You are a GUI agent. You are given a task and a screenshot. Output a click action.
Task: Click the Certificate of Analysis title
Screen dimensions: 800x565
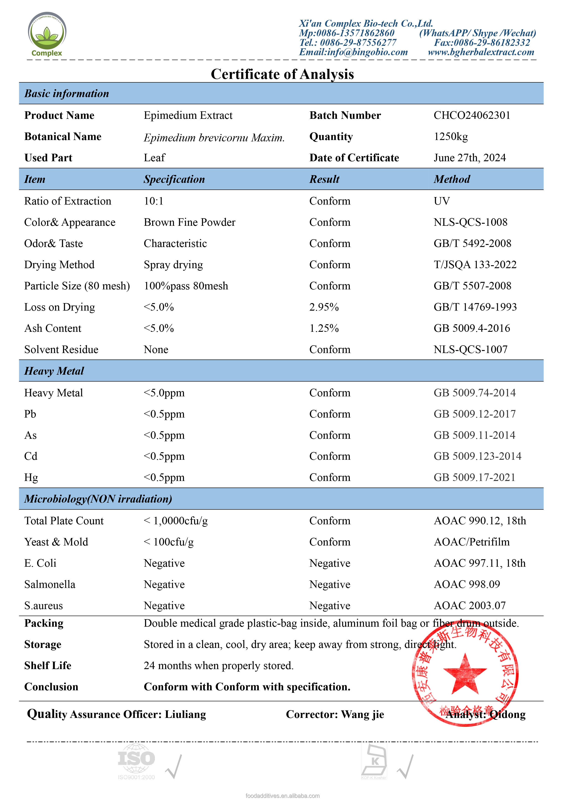(282, 74)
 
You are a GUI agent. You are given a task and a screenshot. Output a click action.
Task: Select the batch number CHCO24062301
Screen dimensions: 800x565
(472, 115)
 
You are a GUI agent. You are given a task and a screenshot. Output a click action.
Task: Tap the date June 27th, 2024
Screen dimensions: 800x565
(469, 158)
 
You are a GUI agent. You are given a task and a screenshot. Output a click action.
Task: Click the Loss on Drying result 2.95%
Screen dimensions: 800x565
(324, 307)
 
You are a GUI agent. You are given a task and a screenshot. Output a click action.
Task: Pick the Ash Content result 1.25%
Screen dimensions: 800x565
(324, 328)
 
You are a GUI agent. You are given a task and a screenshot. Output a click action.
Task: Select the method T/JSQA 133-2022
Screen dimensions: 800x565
(475, 265)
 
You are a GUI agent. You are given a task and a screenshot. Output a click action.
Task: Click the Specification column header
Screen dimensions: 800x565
(174, 179)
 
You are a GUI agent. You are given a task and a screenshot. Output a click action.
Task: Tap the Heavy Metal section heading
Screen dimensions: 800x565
(54, 371)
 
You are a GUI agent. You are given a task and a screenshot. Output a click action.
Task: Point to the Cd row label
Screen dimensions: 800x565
(31, 456)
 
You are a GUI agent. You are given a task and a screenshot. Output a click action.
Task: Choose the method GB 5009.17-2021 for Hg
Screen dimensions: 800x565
(474, 477)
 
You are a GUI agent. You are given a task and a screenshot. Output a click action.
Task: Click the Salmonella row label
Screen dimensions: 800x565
(50, 584)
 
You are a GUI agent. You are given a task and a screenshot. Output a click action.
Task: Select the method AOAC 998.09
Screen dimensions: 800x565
(467, 584)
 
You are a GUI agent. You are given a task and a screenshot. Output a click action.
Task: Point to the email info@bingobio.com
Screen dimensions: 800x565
(353, 52)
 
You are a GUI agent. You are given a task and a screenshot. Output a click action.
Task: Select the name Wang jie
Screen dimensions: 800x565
(362, 715)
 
